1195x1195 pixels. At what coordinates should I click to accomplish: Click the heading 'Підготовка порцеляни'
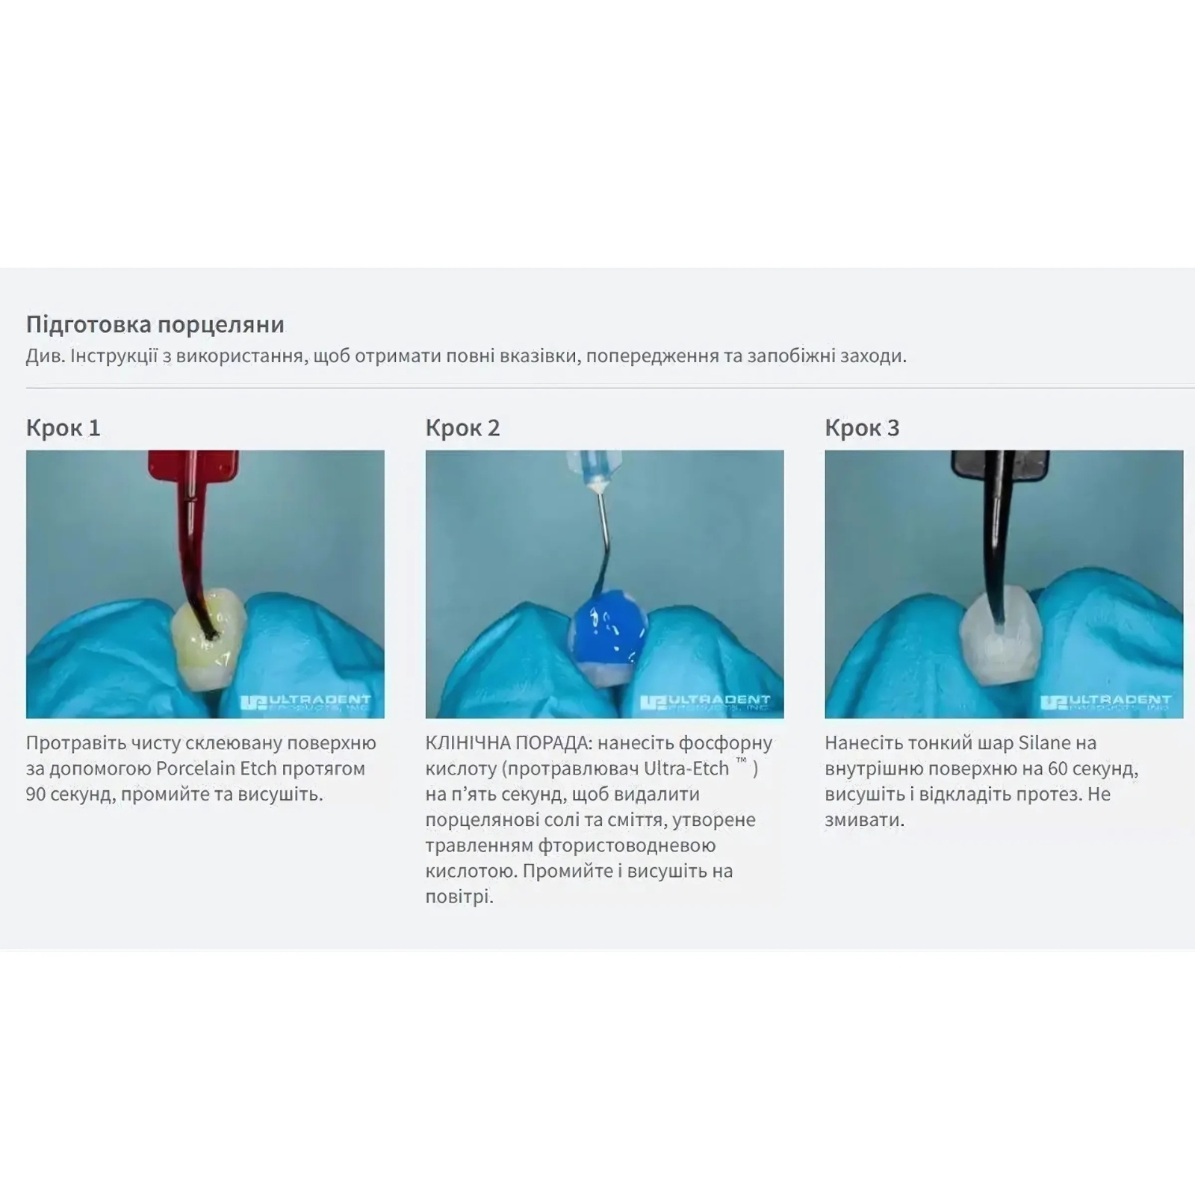[x=155, y=325]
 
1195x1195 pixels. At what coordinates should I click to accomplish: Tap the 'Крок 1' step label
[x=63, y=428]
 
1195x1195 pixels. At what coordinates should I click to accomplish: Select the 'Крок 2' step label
[x=463, y=428]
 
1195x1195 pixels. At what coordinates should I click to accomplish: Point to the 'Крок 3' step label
[x=863, y=428]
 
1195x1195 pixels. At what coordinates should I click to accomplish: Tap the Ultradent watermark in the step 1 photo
[x=306, y=702]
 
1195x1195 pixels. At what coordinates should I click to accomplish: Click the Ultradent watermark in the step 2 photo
[x=706, y=702]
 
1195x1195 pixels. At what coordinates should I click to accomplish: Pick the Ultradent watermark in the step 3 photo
[x=1105, y=702]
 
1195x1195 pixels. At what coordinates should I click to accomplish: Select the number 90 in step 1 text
[x=37, y=794]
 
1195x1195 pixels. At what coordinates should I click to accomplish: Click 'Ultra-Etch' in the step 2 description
[x=686, y=769]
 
